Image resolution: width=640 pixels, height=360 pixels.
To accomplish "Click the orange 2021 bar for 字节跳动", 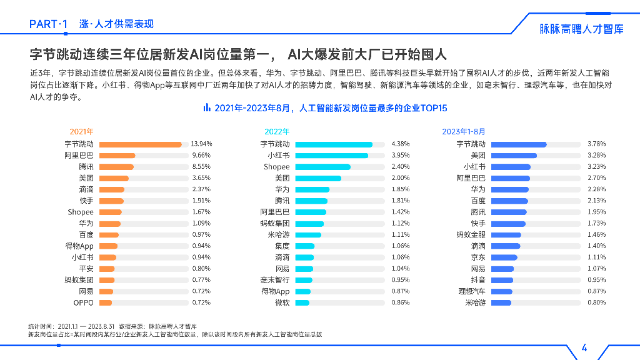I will (141, 144).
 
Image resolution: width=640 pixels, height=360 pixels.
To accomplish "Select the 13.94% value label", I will (201, 144).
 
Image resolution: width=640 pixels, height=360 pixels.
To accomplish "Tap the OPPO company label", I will (83, 302).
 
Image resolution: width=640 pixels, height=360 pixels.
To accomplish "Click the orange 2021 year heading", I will (81, 131).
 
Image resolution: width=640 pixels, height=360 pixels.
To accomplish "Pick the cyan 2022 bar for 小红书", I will (331, 155).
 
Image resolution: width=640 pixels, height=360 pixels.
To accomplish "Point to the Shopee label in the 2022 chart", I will (276, 167).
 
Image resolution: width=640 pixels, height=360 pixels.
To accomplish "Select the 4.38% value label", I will (401, 144).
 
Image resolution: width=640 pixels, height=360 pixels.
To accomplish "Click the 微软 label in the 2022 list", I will (282, 302).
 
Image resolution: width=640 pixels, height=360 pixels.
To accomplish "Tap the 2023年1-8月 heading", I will (463, 131).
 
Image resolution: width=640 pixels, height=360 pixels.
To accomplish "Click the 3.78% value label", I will (596, 144).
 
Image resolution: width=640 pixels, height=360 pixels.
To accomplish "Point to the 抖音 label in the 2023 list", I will (478, 280).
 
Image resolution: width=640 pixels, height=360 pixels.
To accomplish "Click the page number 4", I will (584, 348).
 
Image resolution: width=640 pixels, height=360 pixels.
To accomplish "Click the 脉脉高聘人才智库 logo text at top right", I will (581, 29).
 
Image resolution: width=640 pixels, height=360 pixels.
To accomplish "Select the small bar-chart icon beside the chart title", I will (207, 108).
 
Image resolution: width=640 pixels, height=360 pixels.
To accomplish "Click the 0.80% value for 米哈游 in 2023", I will (596, 302).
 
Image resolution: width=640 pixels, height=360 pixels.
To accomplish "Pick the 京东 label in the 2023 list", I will (478, 257).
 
